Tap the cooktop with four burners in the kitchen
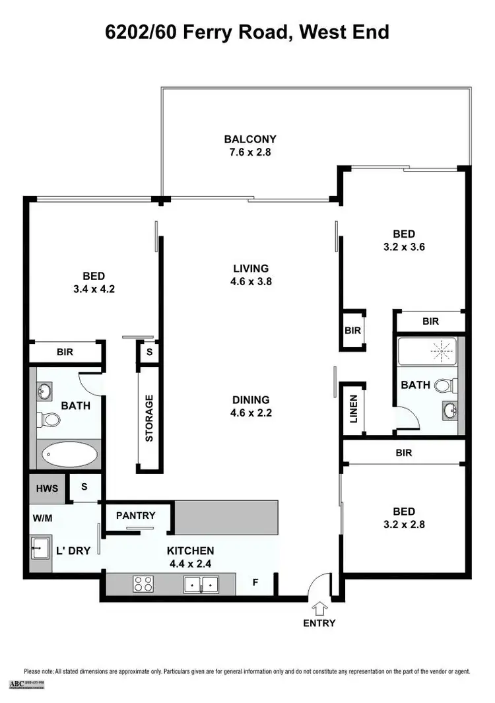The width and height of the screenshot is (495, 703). point(144,584)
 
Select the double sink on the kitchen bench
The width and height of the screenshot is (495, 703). point(201,584)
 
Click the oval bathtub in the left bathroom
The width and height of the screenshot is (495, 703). point(69,455)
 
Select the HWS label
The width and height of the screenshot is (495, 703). point(47,489)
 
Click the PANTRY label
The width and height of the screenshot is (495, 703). point(135,516)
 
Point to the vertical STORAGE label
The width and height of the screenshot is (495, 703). point(149,418)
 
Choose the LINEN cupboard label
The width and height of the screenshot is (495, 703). point(353,409)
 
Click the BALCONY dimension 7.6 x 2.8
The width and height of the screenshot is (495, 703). point(250,152)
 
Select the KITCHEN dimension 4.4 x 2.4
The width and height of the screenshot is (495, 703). point(190,563)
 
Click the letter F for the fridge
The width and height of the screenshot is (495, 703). point(256,583)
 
